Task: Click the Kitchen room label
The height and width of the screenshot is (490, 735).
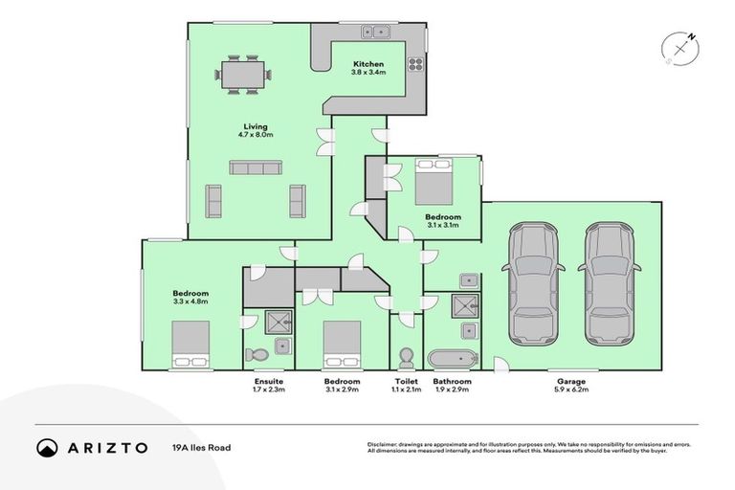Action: [x=367, y=64]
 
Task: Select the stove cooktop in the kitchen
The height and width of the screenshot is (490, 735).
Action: [x=416, y=65]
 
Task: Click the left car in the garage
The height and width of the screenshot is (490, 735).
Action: [x=533, y=284]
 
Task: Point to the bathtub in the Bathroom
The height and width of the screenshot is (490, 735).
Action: [x=452, y=359]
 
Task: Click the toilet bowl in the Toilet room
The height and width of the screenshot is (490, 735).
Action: [x=406, y=357]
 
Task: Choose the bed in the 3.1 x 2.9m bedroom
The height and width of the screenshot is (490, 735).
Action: [x=342, y=345]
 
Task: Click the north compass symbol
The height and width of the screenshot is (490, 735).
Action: [x=679, y=47]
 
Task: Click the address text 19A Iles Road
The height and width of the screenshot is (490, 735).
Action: [x=201, y=447]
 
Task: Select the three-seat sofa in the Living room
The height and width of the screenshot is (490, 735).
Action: [x=255, y=167]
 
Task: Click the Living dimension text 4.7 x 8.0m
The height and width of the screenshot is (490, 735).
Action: [x=256, y=135]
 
